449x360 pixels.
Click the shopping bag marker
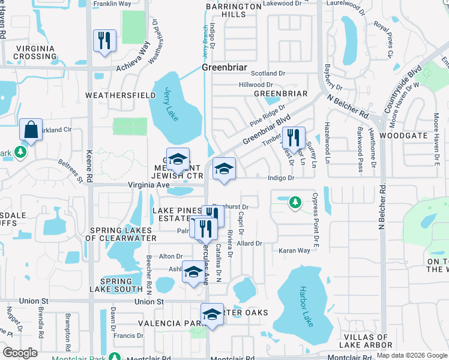[x=30, y=130]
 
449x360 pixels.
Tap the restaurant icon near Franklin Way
[x=104, y=41]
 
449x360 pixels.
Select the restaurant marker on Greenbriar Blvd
[x=294, y=137]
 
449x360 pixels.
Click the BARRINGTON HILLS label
[x=234, y=10]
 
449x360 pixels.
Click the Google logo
[x=20, y=353]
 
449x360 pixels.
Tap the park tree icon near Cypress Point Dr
[x=295, y=202]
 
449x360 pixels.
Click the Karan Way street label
[x=294, y=250]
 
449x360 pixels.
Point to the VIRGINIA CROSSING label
[x=35, y=52]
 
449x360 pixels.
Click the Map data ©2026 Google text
[x=411, y=355]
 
